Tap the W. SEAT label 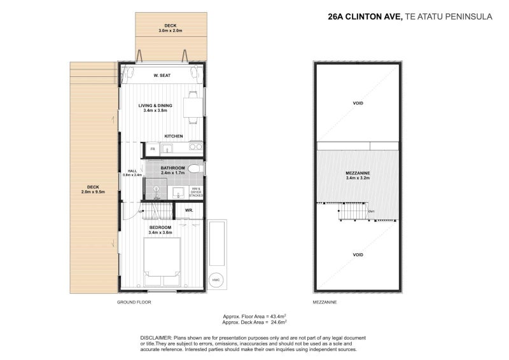click(162, 76)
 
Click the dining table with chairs click(192, 105)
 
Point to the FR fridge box click(153, 149)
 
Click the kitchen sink click(167, 149)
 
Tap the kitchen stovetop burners click(195, 148)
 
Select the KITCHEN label click(173, 136)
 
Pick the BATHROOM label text click(172, 168)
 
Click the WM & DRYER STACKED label click(195, 191)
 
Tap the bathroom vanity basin click(178, 191)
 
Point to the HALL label click(132, 171)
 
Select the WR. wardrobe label click(189, 210)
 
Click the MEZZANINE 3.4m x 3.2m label click(358, 176)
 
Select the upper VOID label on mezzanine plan click(358, 103)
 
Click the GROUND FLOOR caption click(134, 302)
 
